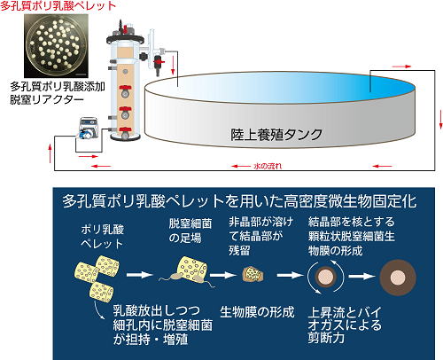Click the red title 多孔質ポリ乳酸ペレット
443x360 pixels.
coord(58,6)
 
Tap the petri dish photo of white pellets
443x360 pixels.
coord(56,46)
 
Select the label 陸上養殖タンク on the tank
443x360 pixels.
coord(276,135)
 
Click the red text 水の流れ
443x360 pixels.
coord(268,166)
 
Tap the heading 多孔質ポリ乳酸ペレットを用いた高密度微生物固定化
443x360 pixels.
coord(239,201)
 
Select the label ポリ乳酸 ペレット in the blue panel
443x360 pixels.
coord(102,237)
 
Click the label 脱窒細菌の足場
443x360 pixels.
coord(190,231)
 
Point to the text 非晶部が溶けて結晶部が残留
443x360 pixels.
coord(260,236)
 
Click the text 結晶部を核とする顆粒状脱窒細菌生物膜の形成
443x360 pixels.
coord(352,236)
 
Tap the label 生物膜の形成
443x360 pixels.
coord(257,312)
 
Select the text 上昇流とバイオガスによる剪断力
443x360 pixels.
coord(345,325)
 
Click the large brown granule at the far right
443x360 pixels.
coord(398,278)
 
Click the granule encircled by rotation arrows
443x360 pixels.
coord(326,277)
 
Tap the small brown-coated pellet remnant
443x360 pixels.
coord(253,274)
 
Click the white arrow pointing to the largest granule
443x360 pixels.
coord(361,277)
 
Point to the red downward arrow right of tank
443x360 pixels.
coord(440,120)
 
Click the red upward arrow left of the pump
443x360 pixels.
coord(51,153)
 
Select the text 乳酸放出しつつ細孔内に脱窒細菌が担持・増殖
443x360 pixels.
coord(162,325)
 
